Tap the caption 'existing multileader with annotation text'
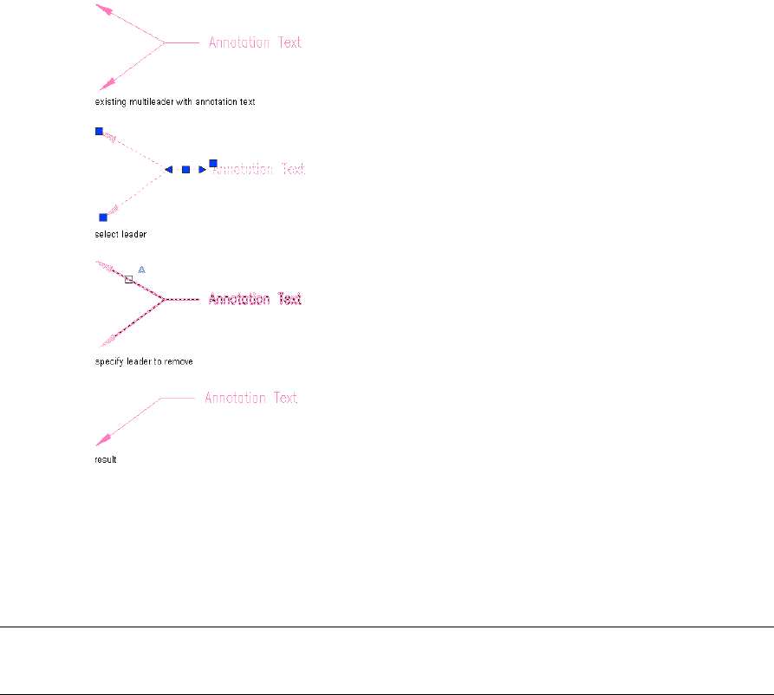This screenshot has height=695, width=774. (175, 102)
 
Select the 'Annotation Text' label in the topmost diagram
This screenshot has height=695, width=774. (255, 42)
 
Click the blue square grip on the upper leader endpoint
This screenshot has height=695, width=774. (99, 131)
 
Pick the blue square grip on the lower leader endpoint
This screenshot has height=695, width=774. (103, 217)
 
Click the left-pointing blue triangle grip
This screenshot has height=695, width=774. (169, 170)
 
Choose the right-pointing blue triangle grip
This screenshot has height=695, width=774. (202, 170)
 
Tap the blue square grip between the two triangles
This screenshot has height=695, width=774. (185, 170)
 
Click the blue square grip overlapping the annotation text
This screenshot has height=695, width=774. (212, 163)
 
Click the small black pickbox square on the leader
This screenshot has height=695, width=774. (128, 279)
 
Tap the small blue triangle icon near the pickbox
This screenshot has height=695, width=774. (142, 270)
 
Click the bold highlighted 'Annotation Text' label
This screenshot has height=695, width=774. (255, 299)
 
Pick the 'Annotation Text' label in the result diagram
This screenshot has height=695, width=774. (251, 398)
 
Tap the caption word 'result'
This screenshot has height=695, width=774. (105, 459)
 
